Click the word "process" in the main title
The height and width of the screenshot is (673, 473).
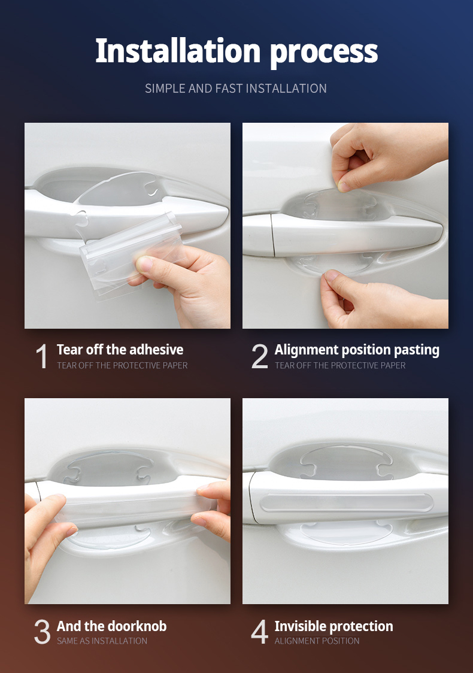coord(324,53)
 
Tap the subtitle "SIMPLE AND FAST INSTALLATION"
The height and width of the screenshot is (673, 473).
coord(236,89)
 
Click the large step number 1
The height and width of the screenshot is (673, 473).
coord(42,357)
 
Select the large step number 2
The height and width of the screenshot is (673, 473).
coord(259,357)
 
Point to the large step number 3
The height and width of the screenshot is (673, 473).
coord(42,633)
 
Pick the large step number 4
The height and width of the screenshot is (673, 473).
coord(259,633)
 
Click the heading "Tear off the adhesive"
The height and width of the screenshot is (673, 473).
coord(120,350)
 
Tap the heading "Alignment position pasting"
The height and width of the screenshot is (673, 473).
coord(357,350)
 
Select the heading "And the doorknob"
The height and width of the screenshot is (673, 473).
coord(111,626)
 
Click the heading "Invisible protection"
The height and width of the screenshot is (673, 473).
coord(333,626)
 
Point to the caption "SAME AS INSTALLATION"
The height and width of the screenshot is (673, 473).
coord(102,641)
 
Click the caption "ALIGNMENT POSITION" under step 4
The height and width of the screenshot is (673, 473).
coord(317,641)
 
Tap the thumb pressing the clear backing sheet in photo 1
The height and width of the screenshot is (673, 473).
coord(145,264)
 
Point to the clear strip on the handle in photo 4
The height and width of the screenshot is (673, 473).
coord(347,502)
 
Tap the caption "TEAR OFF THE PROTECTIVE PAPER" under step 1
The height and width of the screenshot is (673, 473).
coord(122,365)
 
